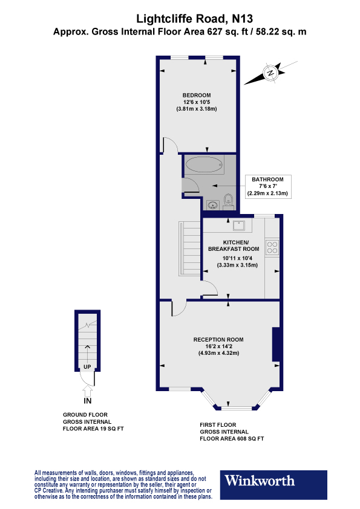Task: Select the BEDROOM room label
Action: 197,95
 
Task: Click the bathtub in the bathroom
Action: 205,164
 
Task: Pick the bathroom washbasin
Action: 212,204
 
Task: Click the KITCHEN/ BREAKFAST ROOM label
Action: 234,245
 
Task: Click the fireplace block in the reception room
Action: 276,344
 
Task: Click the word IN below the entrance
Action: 88,400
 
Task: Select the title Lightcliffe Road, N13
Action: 180,19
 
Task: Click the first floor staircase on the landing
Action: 189,248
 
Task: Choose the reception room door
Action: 179,308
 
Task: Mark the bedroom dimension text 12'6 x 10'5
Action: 197,102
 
